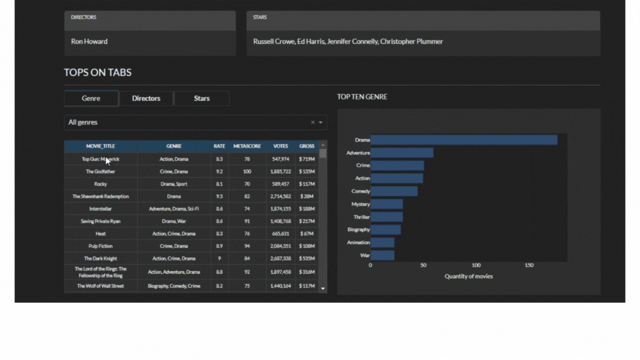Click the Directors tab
[146, 98]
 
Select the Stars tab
[202, 98]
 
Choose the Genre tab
[91, 98]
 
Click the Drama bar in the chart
[463, 140]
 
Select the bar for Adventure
[402, 153]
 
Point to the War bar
[382, 256]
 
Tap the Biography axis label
[358, 229]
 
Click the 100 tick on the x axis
[476, 266]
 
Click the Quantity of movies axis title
[468, 276]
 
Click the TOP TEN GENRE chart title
[362, 97]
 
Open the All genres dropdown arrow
[321, 122]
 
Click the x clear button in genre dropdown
[312, 122]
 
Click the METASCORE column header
[247, 146]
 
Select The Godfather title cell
[101, 172]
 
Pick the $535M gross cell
[307, 258]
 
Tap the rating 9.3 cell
[219, 196]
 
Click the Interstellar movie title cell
[101, 209]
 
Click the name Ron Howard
[89, 42]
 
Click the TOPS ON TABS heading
[98, 72]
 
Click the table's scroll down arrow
[323, 288]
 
